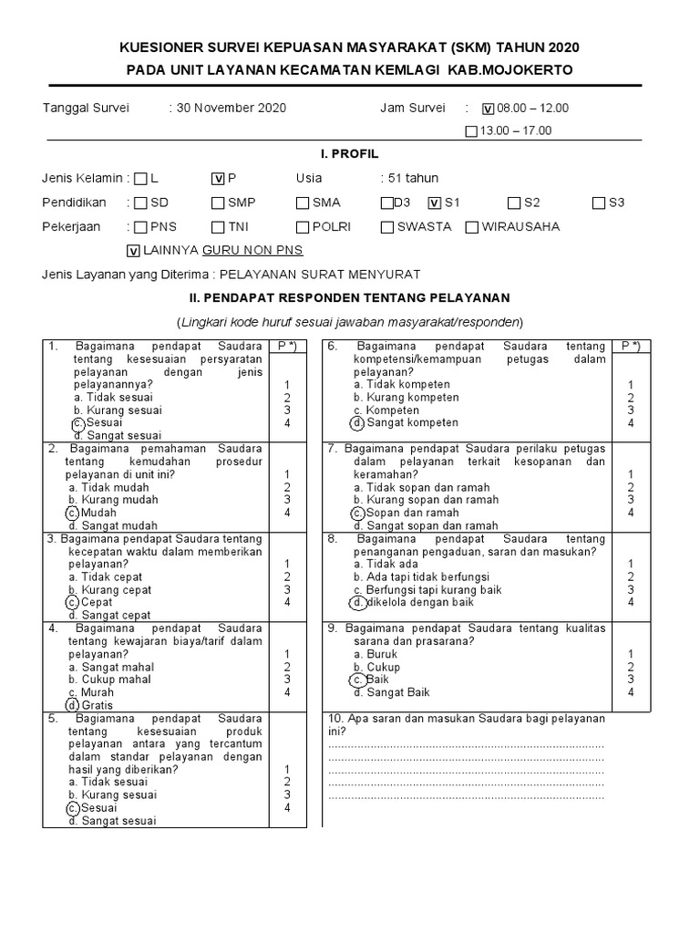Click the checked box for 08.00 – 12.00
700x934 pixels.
click(488, 109)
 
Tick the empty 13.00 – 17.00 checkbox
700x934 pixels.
click(470, 131)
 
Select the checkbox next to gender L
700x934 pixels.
click(140, 179)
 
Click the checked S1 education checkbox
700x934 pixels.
click(435, 203)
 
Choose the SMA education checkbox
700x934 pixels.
click(303, 203)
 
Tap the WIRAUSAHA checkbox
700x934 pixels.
click(471, 227)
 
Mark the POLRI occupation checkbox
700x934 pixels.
click(303, 227)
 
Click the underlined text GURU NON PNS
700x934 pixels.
click(252, 250)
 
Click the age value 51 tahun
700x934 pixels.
click(409, 179)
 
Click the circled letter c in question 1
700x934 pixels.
click(77, 423)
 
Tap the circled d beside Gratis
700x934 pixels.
click(72, 705)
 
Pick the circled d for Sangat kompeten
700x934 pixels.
click(358, 423)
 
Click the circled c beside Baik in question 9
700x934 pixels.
click(358, 680)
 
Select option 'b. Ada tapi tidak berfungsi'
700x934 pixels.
click(422, 576)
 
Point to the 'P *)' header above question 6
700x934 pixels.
click(631, 347)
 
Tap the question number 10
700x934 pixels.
click(335, 719)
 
